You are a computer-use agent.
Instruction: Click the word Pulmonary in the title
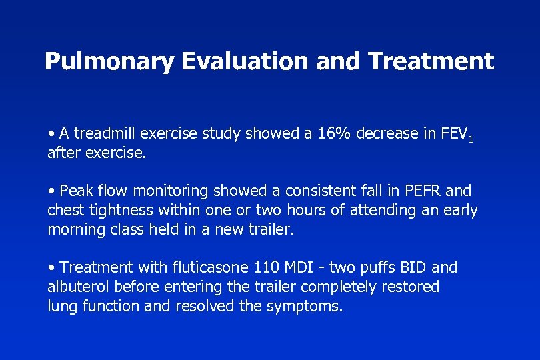(108, 62)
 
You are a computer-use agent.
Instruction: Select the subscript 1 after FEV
(471, 139)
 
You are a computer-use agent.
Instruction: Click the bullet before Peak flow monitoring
(51, 192)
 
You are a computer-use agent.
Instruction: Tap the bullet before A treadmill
(51, 134)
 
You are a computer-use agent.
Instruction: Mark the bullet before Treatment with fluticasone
(51, 268)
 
